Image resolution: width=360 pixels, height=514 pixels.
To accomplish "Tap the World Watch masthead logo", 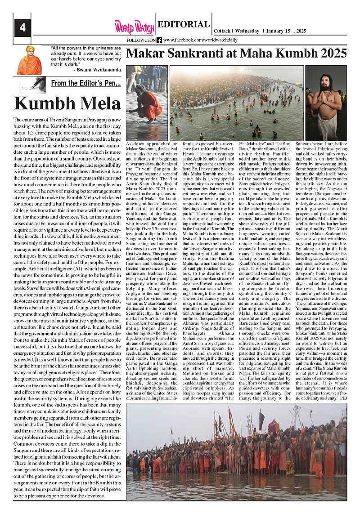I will [x=134, y=27].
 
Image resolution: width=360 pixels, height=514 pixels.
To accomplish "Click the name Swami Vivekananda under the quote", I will [x=97, y=70].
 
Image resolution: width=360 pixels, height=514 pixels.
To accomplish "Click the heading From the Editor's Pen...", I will [x=85, y=83].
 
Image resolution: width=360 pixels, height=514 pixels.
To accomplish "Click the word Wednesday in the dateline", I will [x=247, y=31].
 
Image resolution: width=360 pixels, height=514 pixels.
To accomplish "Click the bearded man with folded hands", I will [x=326, y=103].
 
